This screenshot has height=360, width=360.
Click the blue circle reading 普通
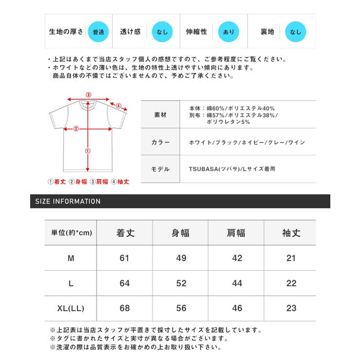pos(97,32)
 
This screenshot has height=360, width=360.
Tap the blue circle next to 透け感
pos(161,32)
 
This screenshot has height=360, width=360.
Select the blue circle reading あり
pos(228,32)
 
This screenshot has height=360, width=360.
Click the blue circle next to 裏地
pos(295,32)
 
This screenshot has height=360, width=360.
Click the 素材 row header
pos(160,115)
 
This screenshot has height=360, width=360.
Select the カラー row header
pos(160,142)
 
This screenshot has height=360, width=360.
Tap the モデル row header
pos(160,169)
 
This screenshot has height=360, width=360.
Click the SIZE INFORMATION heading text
pos(68,201)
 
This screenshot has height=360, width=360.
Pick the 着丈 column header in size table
pos(125,233)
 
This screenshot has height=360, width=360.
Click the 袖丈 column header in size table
pos(291,233)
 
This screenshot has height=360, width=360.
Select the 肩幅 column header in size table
pos(236,233)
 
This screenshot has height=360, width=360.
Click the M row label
pos(71,258)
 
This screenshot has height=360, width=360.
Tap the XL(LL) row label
pos(71,308)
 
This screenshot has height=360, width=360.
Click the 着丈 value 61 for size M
pos(125,258)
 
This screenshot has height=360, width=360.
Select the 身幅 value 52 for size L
pos(181,283)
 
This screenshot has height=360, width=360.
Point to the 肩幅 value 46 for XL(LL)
pos(237,308)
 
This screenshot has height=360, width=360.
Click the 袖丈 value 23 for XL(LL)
pos(291,308)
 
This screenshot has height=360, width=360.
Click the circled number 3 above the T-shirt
pos(88,95)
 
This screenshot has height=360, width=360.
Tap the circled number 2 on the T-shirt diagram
pos(75,129)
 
